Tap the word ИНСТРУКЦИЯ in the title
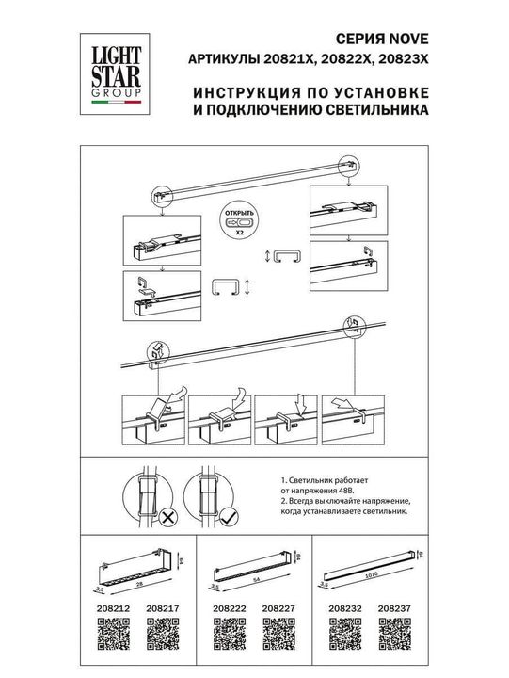(242, 91)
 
